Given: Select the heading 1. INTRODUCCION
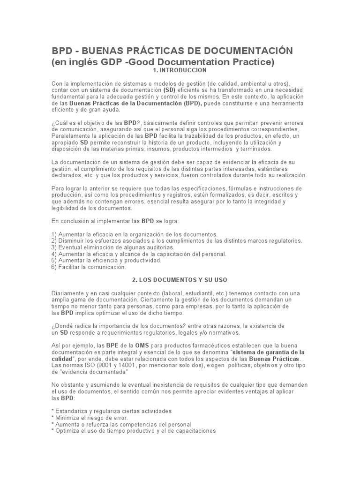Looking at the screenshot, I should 180,70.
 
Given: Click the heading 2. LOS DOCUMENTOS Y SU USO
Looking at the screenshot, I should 180,280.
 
